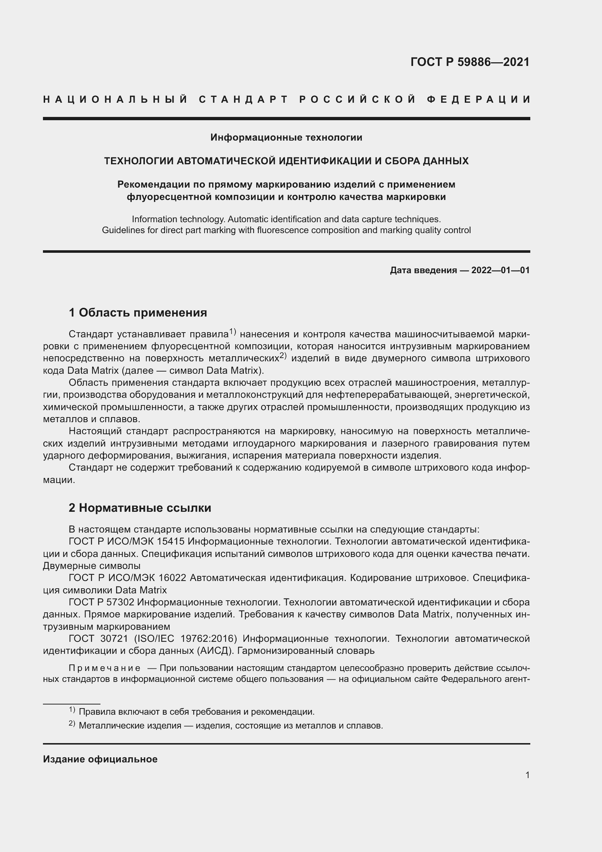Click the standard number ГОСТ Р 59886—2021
(x=470, y=62)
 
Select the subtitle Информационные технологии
(x=286, y=138)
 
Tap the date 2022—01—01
(x=500, y=270)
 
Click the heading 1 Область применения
(x=138, y=313)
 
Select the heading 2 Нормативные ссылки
(x=140, y=508)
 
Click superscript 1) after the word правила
(x=233, y=331)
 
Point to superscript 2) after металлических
(x=283, y=356)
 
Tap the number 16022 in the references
(x=172, y=578)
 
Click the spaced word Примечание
(x=104, y=668)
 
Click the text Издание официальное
(x=100, y=759)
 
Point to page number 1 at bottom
(x=527, y=775)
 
